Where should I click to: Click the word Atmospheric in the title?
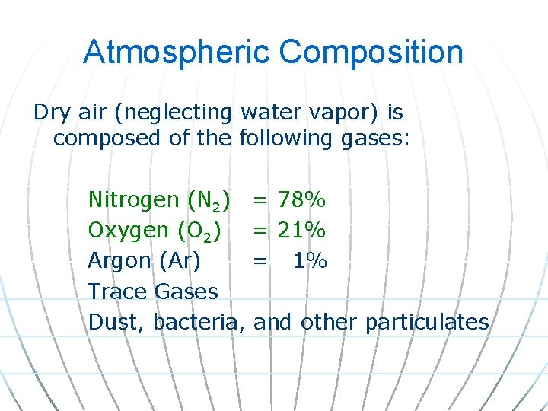pos(176,52)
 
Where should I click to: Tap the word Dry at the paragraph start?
pos(50,113)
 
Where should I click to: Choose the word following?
pos(285,139)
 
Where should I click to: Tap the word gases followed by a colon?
pos(373,139)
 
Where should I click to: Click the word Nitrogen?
pos(134,200)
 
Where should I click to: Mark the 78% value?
pos(302,199)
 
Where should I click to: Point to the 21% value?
pos(302,230)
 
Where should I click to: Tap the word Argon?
pos(120,261)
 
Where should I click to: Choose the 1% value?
pos(311,260)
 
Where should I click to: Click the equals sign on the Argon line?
pos(260,261)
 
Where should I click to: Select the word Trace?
pos(117,291)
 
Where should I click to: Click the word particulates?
pos(426,322)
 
